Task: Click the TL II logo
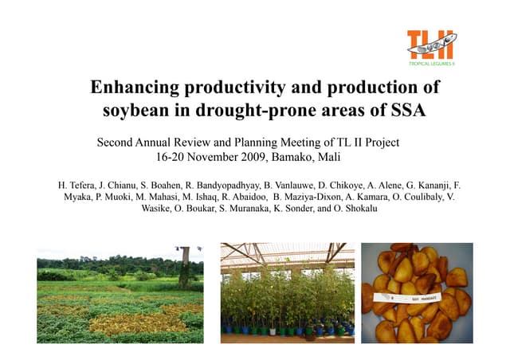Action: pos(430,44)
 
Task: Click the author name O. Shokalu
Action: pos(358,209)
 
